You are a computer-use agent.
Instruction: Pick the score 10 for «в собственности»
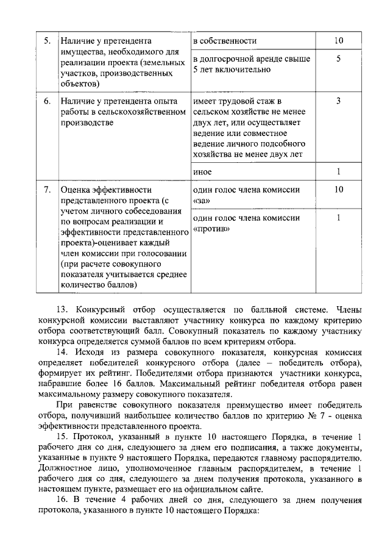coord(339,41)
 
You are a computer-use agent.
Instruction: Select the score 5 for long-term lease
coord(339,59)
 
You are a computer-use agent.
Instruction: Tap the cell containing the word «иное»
coord(202,172)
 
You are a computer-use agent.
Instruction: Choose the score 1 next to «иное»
coord(339,172)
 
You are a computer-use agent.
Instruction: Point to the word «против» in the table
coord(211,229)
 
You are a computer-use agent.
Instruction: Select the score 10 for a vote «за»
coord(339,190)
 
